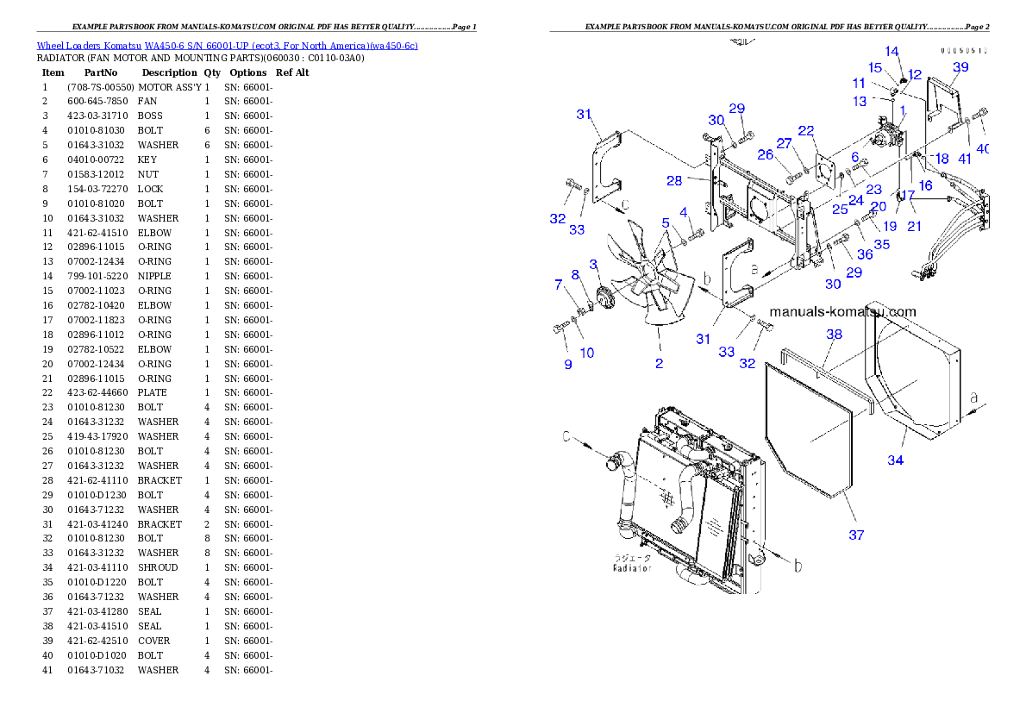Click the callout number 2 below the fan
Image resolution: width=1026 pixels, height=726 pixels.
[659, 364]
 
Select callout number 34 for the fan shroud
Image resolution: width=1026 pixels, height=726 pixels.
[896, 460]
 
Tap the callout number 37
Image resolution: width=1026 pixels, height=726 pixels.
[856, 535]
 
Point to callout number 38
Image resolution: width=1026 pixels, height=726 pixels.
[834, 335]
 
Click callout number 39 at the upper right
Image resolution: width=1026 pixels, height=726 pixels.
[960, 67]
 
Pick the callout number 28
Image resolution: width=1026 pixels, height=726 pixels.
[674, 180]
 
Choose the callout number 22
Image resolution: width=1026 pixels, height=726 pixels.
[806, 131]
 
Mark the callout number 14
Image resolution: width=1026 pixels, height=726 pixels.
[891, 52]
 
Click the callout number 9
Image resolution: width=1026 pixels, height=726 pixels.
[568, 365]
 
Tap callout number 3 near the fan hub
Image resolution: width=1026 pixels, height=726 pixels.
[593, 264]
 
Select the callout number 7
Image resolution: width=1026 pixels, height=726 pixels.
[558, 284]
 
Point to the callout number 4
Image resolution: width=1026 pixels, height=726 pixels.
[683, 212]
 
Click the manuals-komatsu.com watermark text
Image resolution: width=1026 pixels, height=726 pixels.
[842, 312]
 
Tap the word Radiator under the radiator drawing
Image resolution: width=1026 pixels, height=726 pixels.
[632, 569]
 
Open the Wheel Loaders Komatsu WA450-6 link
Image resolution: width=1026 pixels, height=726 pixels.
[227, 46]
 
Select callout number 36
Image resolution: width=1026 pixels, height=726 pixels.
[865, 255]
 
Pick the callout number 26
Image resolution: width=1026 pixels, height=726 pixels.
[766, 155]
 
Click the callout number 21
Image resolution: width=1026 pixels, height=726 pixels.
[914, 226]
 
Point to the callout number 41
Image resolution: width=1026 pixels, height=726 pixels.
[965, 159]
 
